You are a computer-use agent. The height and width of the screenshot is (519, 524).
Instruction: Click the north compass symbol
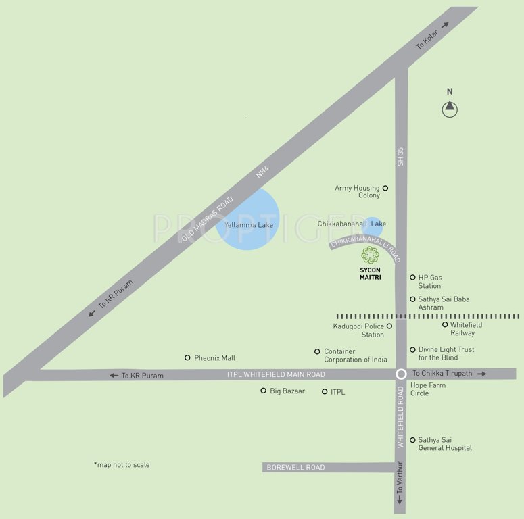450,108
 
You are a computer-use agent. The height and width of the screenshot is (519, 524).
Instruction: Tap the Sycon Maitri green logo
370,255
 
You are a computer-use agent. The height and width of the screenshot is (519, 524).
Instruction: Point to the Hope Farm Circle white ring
401,374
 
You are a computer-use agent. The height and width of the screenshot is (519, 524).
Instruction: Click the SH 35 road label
401,157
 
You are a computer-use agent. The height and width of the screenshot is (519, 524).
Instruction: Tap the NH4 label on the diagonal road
262,174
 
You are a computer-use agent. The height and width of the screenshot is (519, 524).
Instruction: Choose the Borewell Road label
295,468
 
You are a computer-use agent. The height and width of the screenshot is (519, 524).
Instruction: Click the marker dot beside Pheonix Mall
188,357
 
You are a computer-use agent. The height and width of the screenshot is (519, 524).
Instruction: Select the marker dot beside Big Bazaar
264,391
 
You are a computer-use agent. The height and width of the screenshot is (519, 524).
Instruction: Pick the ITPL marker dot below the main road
325,391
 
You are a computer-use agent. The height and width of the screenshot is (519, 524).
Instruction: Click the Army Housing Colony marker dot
385,188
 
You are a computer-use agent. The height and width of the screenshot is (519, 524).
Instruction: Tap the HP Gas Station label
430,282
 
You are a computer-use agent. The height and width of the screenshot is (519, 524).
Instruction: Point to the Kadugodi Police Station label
358,330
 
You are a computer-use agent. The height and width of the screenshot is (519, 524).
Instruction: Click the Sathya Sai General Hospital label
445,444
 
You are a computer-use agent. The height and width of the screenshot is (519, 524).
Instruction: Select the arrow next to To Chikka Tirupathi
482,374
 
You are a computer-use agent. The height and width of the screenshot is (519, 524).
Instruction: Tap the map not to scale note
122,465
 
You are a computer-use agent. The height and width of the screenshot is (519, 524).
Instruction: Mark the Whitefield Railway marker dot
445,324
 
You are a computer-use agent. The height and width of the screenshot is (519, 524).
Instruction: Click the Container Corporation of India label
356,355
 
